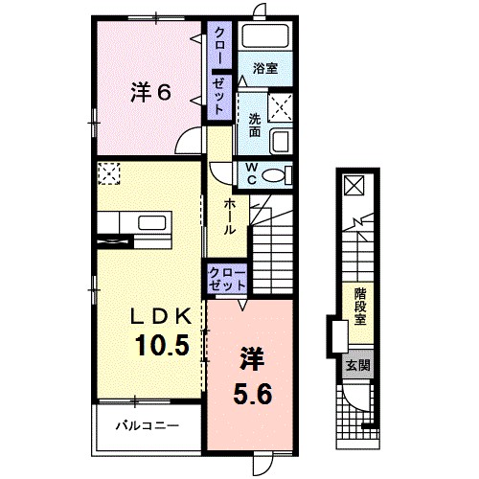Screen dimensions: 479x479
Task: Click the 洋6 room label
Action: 150,93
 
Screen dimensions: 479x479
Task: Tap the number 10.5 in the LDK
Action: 162,345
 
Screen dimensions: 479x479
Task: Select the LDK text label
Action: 162,316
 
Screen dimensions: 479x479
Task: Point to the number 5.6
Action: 252,393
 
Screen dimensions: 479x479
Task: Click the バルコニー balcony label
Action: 148,425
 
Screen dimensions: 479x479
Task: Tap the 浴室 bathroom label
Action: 265,68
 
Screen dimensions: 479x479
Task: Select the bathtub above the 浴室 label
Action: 265,36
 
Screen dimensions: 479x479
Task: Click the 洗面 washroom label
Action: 255,125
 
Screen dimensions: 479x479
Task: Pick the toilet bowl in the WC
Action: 277,175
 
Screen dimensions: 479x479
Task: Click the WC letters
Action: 252,173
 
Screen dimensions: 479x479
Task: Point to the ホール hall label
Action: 229,217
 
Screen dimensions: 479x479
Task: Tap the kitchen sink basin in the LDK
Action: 152,223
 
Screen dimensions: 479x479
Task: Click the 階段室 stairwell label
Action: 360,307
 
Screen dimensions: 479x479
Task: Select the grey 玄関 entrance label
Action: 358,365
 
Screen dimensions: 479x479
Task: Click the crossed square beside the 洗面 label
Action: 280,107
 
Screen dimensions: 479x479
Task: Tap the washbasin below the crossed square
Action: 281,142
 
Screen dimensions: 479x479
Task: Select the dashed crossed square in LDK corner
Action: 109,173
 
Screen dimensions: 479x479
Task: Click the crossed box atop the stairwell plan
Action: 354,185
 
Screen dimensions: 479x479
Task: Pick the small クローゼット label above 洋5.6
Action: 227,279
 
